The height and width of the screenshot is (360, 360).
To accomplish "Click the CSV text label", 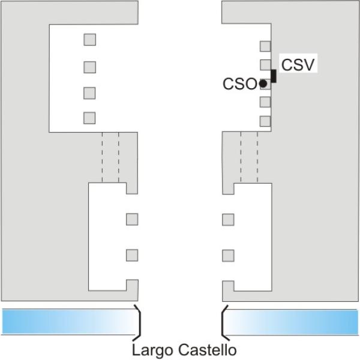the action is pyautogui.click(x=298, y=65).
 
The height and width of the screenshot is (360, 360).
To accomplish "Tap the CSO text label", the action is pyautogui.click(x=239, y=83).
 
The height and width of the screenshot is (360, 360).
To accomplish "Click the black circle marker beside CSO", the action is pyautogui.click(x=263, y=83).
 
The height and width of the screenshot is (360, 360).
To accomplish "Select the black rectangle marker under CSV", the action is pyautogui.click(x=274, y=76).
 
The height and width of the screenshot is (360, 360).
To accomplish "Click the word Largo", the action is pyautogui.click(x=153, y=350).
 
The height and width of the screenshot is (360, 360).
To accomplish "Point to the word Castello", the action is pyautogui.click(x=208, y=350).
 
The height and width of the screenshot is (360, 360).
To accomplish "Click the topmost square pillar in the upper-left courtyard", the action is pyautogui.click(x=90, y=40).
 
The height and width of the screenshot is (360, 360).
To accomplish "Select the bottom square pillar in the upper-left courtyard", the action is pyautogui.click(x=89, y=118).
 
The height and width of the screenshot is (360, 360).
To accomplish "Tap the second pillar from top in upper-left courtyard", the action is pyautogui.click(x=90, y=67).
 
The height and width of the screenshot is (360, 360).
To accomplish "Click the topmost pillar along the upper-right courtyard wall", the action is pyautogui.click(x=265, y=46).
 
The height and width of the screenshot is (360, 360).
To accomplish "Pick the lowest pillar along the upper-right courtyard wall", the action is pyautogui.click(x=265, y=121).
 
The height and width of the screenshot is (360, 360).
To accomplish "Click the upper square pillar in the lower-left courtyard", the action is pyautogui.click(x=132, y=219).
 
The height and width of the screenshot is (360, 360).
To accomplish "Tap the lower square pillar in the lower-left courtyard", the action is pyautogui.click(x=132, y=256).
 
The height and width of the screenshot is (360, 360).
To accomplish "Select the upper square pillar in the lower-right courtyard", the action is pyautogui.click(x=228, y=220).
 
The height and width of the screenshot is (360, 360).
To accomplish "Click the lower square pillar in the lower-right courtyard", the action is pyautogui.click(x=228, y=256).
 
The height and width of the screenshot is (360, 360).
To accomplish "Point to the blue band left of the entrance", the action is pyautogui.click(x=70, y=322).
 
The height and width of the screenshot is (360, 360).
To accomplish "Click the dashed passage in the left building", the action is pyautogui.click(x=110, y=157).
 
